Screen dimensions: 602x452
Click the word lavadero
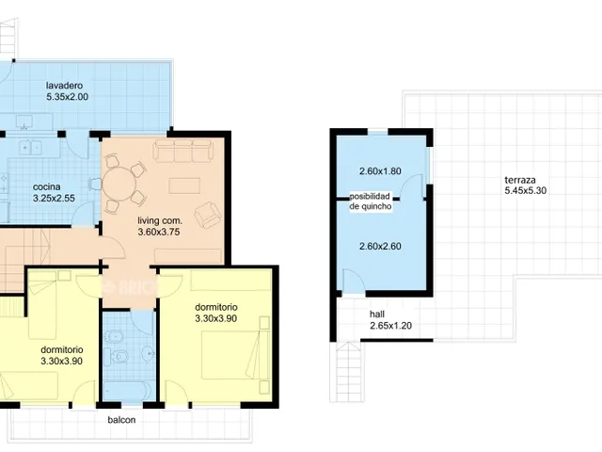click(x=64, y=86)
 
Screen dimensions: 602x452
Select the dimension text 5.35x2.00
click(x=67, y=97)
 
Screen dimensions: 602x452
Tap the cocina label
click(x=47, y=186)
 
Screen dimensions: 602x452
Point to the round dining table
click(x=119, y=184)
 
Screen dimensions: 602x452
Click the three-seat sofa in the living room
click(x=182, y=151)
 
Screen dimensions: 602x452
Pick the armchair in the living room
click(x=207, y=216)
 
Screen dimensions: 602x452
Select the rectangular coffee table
click(x=184, y=186)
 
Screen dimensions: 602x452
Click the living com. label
click(x=160, y=220)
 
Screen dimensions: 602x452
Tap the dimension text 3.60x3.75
click(x=159, y=233)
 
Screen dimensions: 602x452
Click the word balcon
click(x=121, y=420)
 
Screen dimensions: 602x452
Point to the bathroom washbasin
click(x=149, y=352)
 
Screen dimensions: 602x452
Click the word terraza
click(x=520, y=180)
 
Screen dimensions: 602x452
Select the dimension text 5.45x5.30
click(x=525, y=190)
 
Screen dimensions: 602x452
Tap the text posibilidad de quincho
click(x=371, y=202)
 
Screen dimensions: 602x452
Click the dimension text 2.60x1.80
click(x=380, y=171)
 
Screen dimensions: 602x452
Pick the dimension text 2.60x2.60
click(x=380, y=246)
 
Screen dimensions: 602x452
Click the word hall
click(x=377, y=314)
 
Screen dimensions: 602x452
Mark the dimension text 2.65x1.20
click(x=391, y=326)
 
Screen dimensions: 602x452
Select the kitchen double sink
click(x=31, y=147)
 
